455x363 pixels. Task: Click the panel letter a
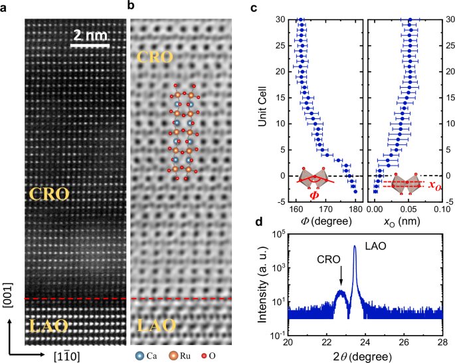[x=5, y=7]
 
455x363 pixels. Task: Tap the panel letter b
[x=132, y=7]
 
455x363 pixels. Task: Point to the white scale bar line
[x=89, y=46]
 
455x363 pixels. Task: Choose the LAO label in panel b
[x=156, y=325]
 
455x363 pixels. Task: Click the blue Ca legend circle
[x=136, y=356]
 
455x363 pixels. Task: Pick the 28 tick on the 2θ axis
[x=442, y=343]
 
